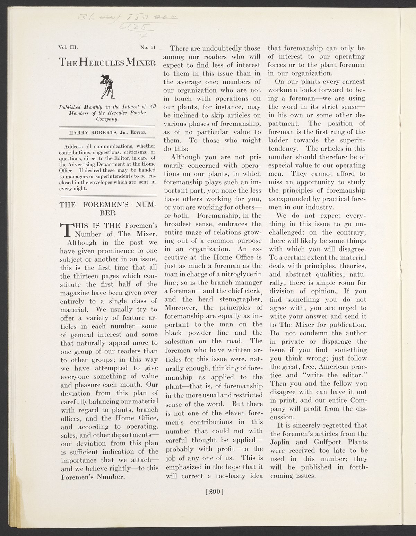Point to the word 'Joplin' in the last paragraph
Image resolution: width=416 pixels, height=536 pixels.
point(280,442)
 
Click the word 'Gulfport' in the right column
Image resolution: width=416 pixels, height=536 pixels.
point(320,442)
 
